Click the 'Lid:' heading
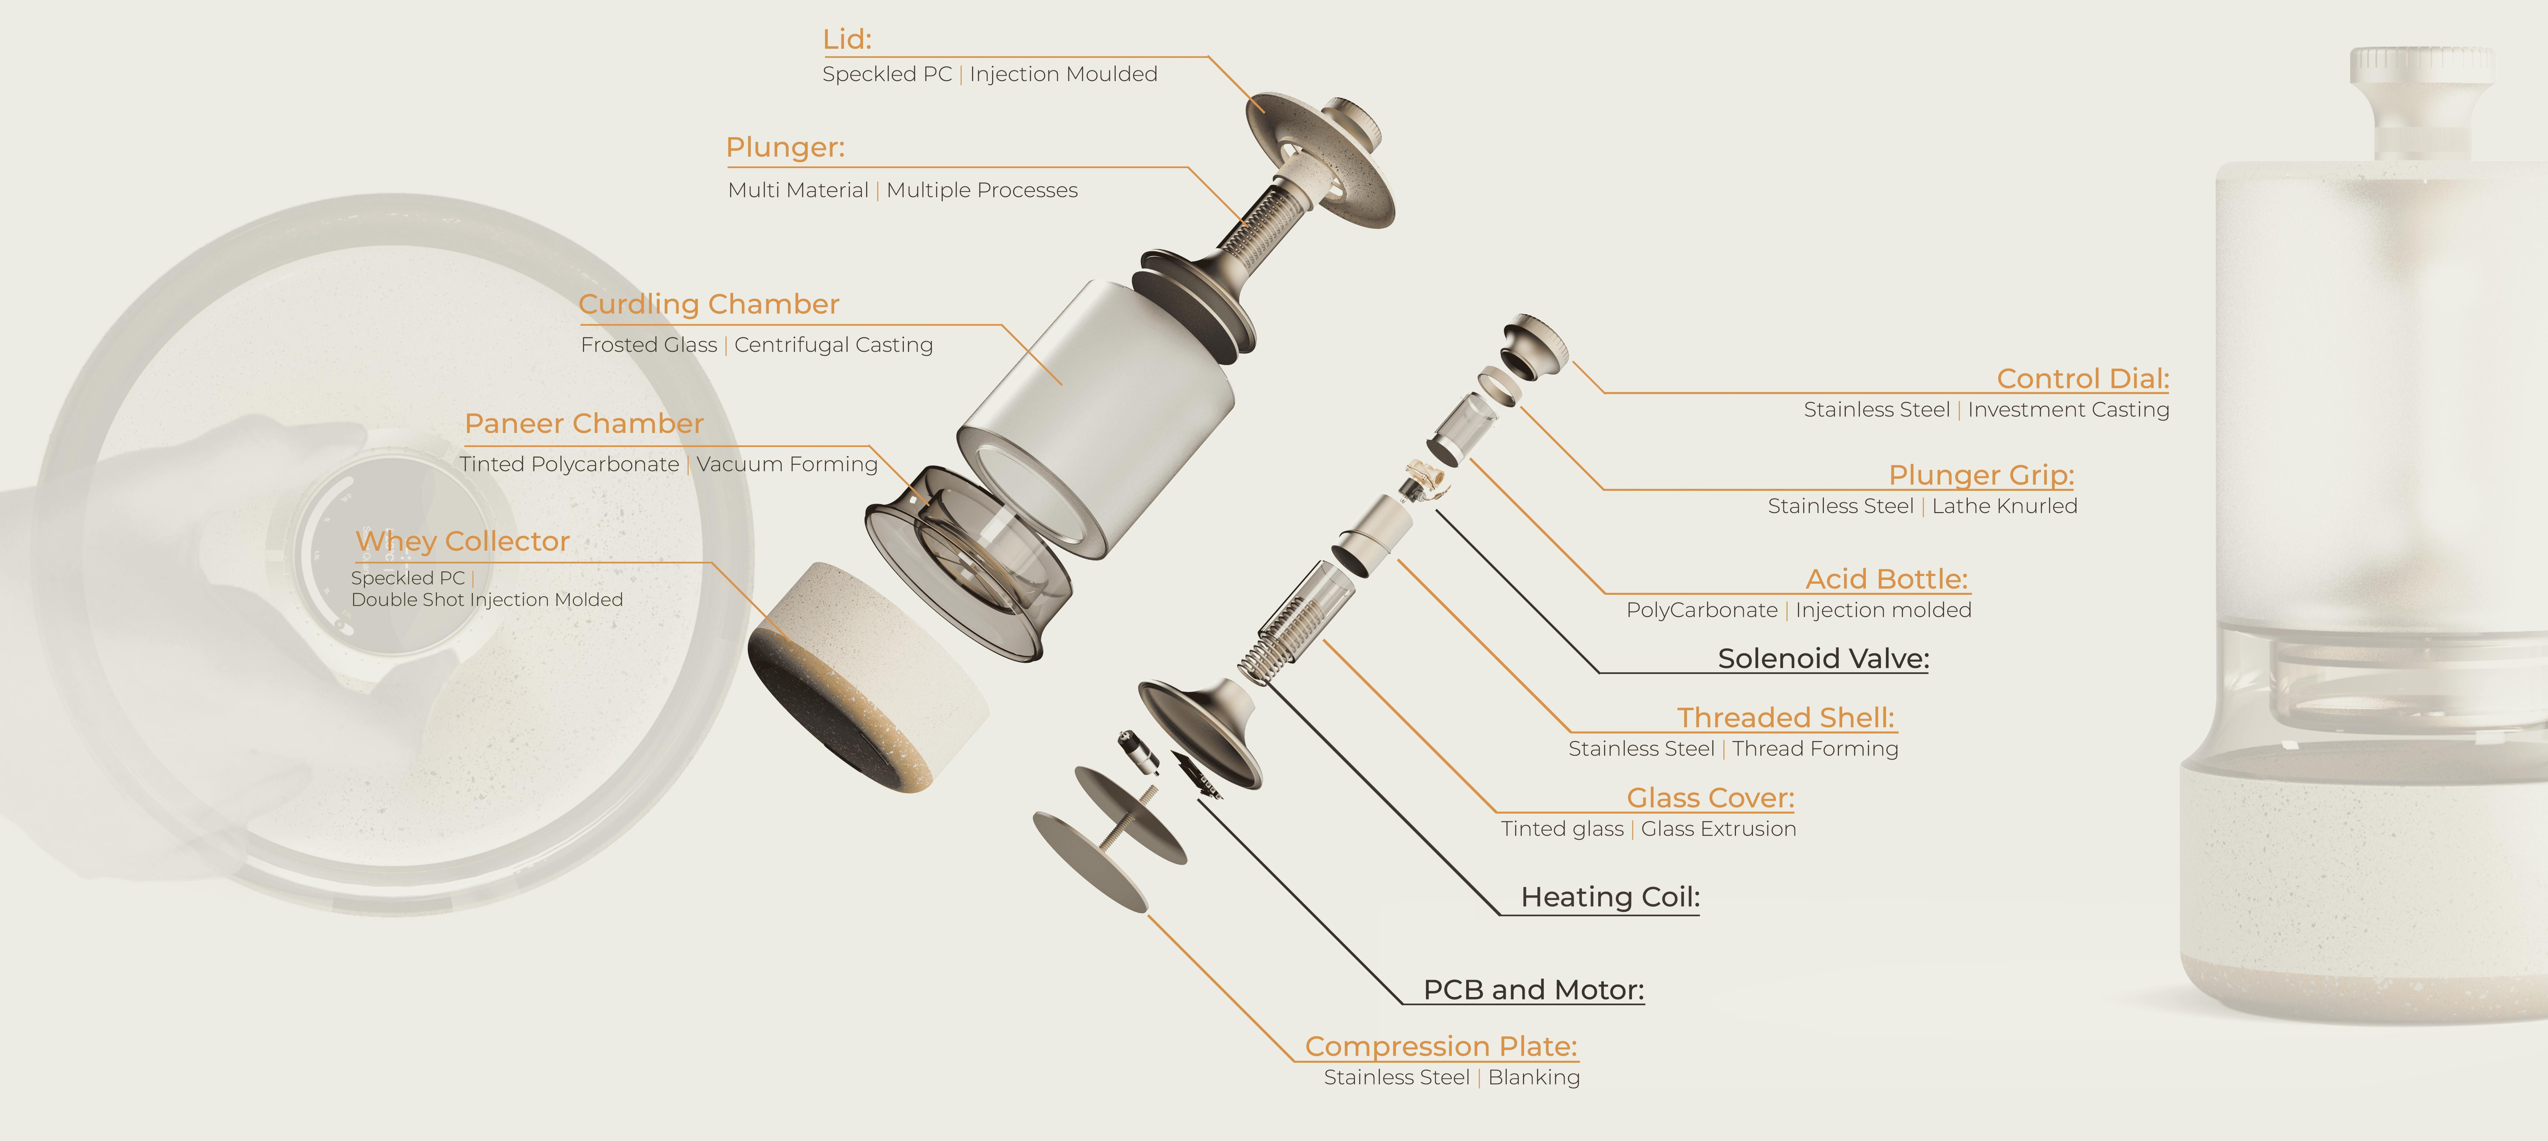click(x=847, y=40)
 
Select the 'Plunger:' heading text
click(x=785, y=147)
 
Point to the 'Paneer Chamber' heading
click(x=583, y=423)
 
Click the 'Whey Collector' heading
click(x=463, y=541)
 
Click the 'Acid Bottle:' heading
click(x=1886, y=579)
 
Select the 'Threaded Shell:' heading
click(x=1785, y=718)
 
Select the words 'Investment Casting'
click(x=2068, y=410)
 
